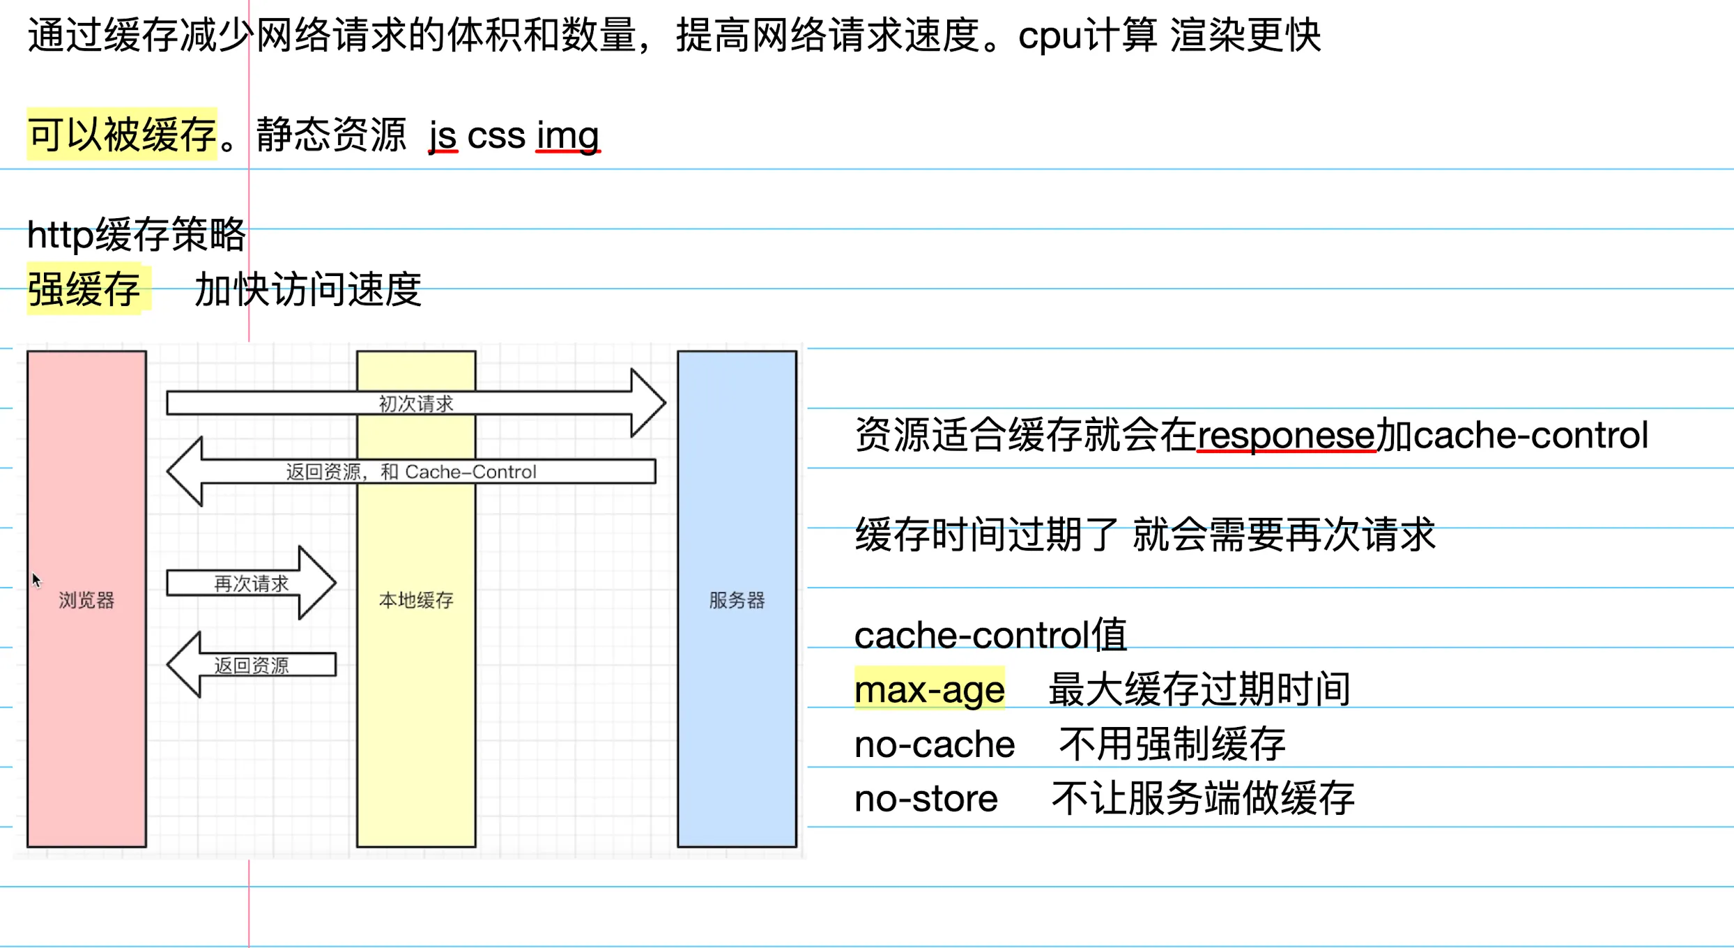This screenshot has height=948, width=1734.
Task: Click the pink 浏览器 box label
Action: pyautogui.click(x=86, y=600)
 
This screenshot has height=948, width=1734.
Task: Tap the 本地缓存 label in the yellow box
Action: pyautogui.click(x=416, y=600)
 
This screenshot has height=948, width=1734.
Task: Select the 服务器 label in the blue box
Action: pyautogui.click(x=737, y=600)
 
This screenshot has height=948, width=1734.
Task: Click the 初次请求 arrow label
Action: pyautogui.click(x=416, y=404)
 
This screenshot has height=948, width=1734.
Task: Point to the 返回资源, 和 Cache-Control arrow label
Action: pyautogui.click(x=411, y=472)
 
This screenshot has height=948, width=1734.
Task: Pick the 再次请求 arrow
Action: pyautogui.click(x=251, y=583)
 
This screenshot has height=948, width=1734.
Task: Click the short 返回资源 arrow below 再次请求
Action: pyautogui.click(x=251, y=665)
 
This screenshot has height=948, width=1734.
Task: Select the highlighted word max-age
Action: pyautogui.click(x=929, y=689)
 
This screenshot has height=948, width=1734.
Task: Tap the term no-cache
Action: pyautogui.click(x=934, y=744)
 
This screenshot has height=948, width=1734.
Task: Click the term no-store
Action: pyautogui.click(x=926, y=798)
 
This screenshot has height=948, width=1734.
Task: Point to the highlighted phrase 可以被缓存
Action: pyautogui.click(x=122, y=135)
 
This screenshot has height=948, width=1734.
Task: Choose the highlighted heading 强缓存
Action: pyautogui.click(x=84, y=289)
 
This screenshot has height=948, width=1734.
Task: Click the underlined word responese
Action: pyautogui.click(x=1286, y=435)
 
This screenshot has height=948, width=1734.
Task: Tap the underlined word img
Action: pyautogui.click(x=567, y=135)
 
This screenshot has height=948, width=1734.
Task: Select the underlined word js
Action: pyautogui.click(x=443, y=135)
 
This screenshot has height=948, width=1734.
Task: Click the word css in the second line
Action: pyautogui.click(x=496, y=135)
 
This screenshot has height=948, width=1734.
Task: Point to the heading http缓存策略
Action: pyautogui.click(x=137, y=234)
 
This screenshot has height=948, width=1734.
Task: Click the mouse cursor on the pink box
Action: pyautogui.click(x=36, y=579)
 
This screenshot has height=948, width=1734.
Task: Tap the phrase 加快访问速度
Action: pyautogui.click(x=308, y=289)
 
